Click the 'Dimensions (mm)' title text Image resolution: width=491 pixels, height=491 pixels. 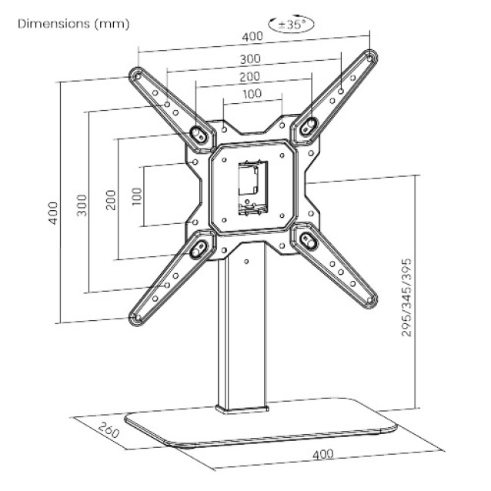click(74, 24)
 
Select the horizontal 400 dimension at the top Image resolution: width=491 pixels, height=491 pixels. click(251, 37)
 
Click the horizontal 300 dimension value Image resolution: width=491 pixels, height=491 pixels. click(251, 58)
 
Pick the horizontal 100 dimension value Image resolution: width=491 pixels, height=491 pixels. click(251, 94)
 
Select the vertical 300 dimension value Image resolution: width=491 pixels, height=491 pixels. click(82, 205)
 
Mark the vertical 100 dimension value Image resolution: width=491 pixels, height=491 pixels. click(137, 195)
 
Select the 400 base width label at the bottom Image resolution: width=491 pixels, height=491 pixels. click(323, 454)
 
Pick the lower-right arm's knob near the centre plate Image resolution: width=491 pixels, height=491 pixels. click(309, 240)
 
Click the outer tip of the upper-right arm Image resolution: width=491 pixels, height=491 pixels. click(371, 58)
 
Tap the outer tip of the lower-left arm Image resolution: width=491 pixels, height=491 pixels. click(137, 316)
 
